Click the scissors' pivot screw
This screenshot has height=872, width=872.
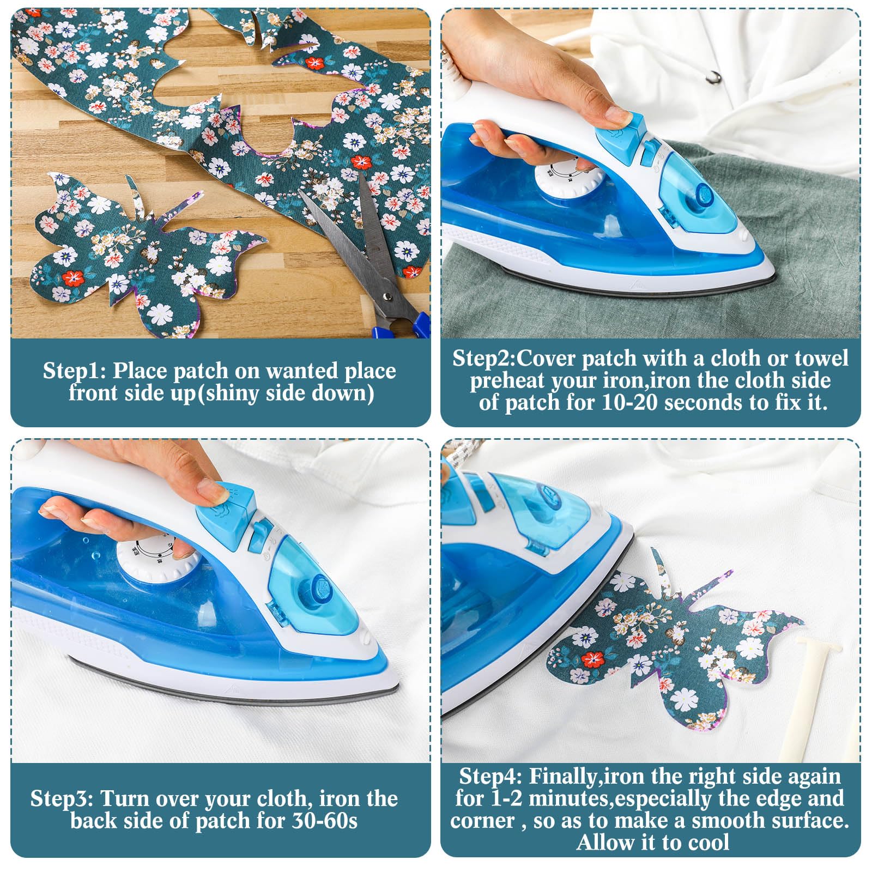click(x=387, y=297)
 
